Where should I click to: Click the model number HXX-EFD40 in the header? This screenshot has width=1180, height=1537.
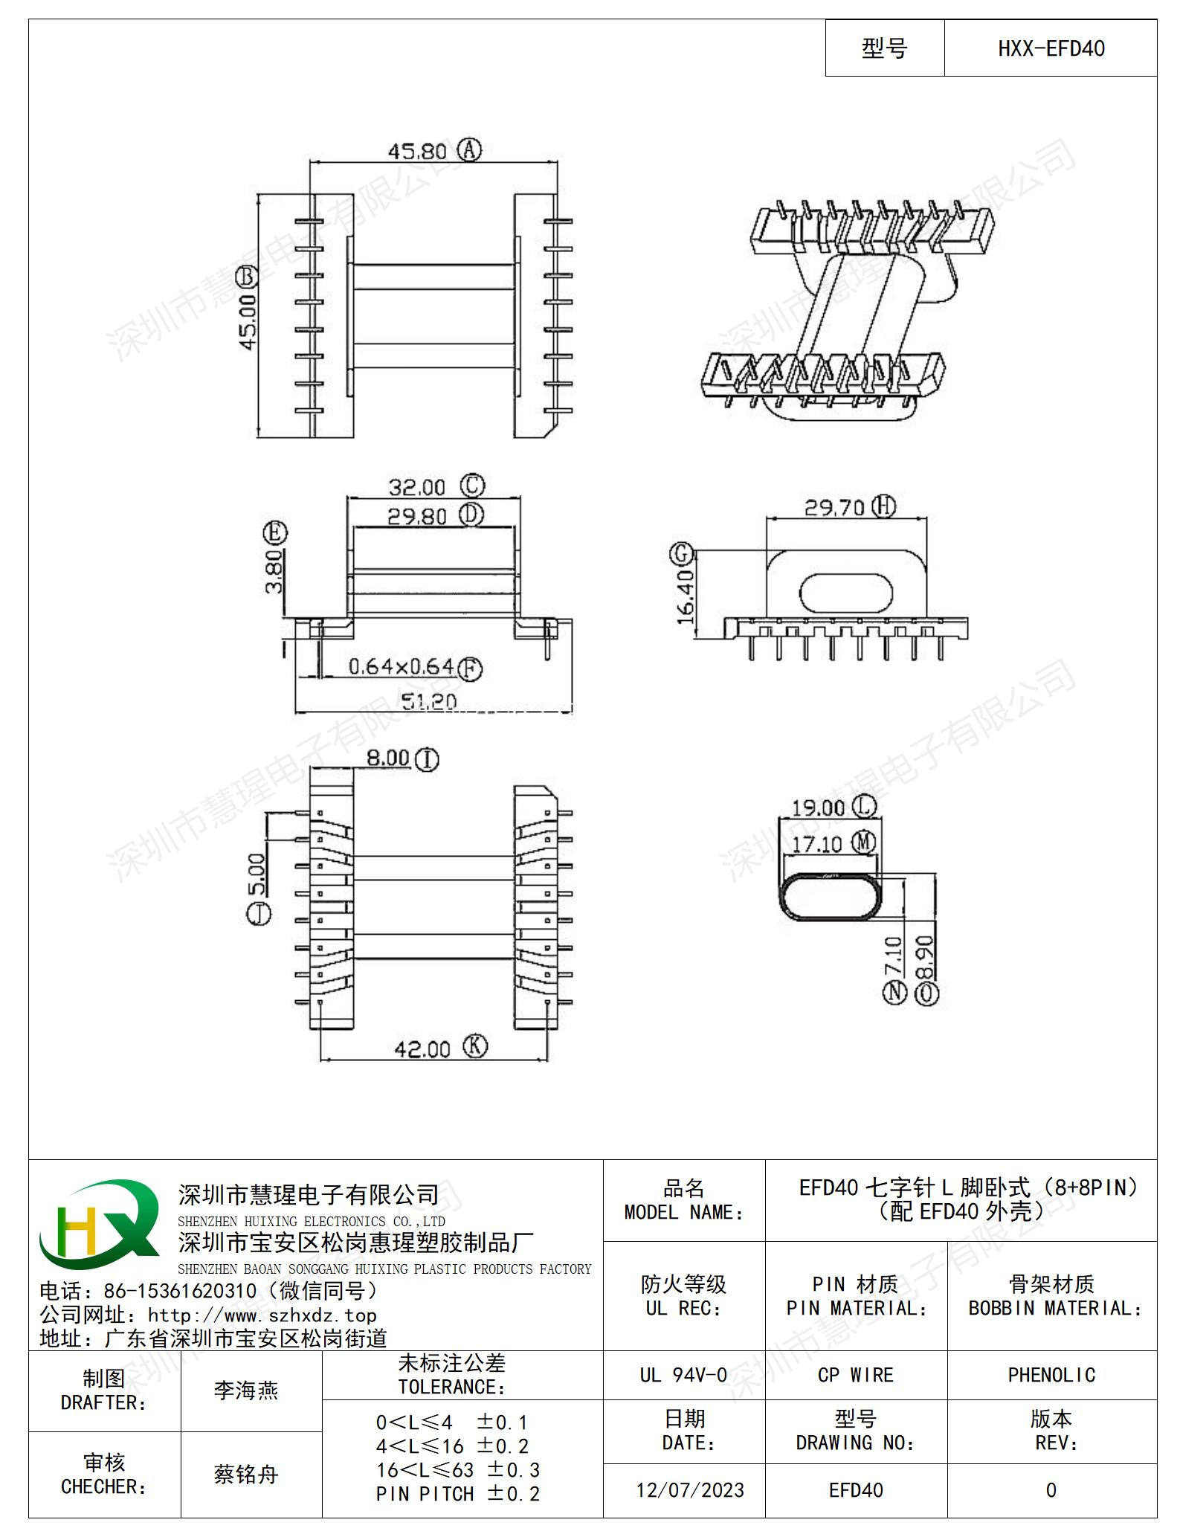pos(1051,49)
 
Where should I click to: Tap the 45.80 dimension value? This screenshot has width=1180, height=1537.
pos(417,152)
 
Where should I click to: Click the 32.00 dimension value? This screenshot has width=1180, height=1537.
pos(416,488)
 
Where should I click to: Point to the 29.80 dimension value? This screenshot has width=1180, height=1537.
pos(417,516)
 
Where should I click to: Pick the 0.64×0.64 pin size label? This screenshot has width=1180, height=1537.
pos(401,666)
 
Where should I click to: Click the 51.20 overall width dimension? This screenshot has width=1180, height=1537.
pos(429,701)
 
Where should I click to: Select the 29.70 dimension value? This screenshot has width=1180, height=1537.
pos(834,508)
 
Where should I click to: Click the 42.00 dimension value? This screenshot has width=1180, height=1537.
pos(422,1049)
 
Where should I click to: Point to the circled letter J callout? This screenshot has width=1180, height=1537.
pos(258,915)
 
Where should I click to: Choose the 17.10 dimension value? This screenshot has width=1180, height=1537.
pos(816,845)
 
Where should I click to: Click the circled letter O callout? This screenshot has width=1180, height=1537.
pos(927,994)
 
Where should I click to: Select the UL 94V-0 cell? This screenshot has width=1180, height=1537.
pos(683,1375)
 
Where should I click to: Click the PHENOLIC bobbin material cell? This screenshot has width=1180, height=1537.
pos(1051,1375)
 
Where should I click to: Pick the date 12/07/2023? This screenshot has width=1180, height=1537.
pos(690,1490)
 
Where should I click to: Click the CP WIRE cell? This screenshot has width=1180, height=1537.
pos(855,1375)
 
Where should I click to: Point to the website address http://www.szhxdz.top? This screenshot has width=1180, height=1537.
pos(262,1315)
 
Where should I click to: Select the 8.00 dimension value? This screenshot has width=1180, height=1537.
pos(388,758)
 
